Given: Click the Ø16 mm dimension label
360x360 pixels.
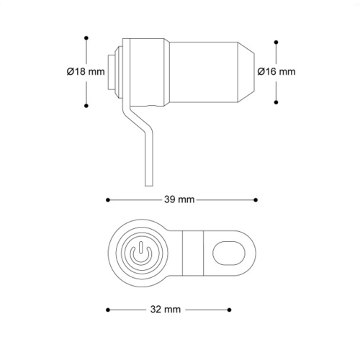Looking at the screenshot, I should click(276, 71).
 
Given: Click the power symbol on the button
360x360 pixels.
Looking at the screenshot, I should click(140, 254).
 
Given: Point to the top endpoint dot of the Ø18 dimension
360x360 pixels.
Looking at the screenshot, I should click(86, 36).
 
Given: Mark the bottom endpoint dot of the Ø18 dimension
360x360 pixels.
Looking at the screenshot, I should click(86, 106).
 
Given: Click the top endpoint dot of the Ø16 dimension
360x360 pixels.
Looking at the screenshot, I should click(276, 40).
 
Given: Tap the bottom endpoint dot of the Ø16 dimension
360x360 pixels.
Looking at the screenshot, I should click(276, 102).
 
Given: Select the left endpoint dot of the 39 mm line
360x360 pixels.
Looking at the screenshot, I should click(107, 199).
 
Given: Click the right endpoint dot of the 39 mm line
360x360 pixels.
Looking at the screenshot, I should click(257, 199).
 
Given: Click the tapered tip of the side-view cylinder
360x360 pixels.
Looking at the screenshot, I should click(249, 71).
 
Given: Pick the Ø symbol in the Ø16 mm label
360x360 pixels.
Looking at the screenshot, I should click(261, 71).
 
